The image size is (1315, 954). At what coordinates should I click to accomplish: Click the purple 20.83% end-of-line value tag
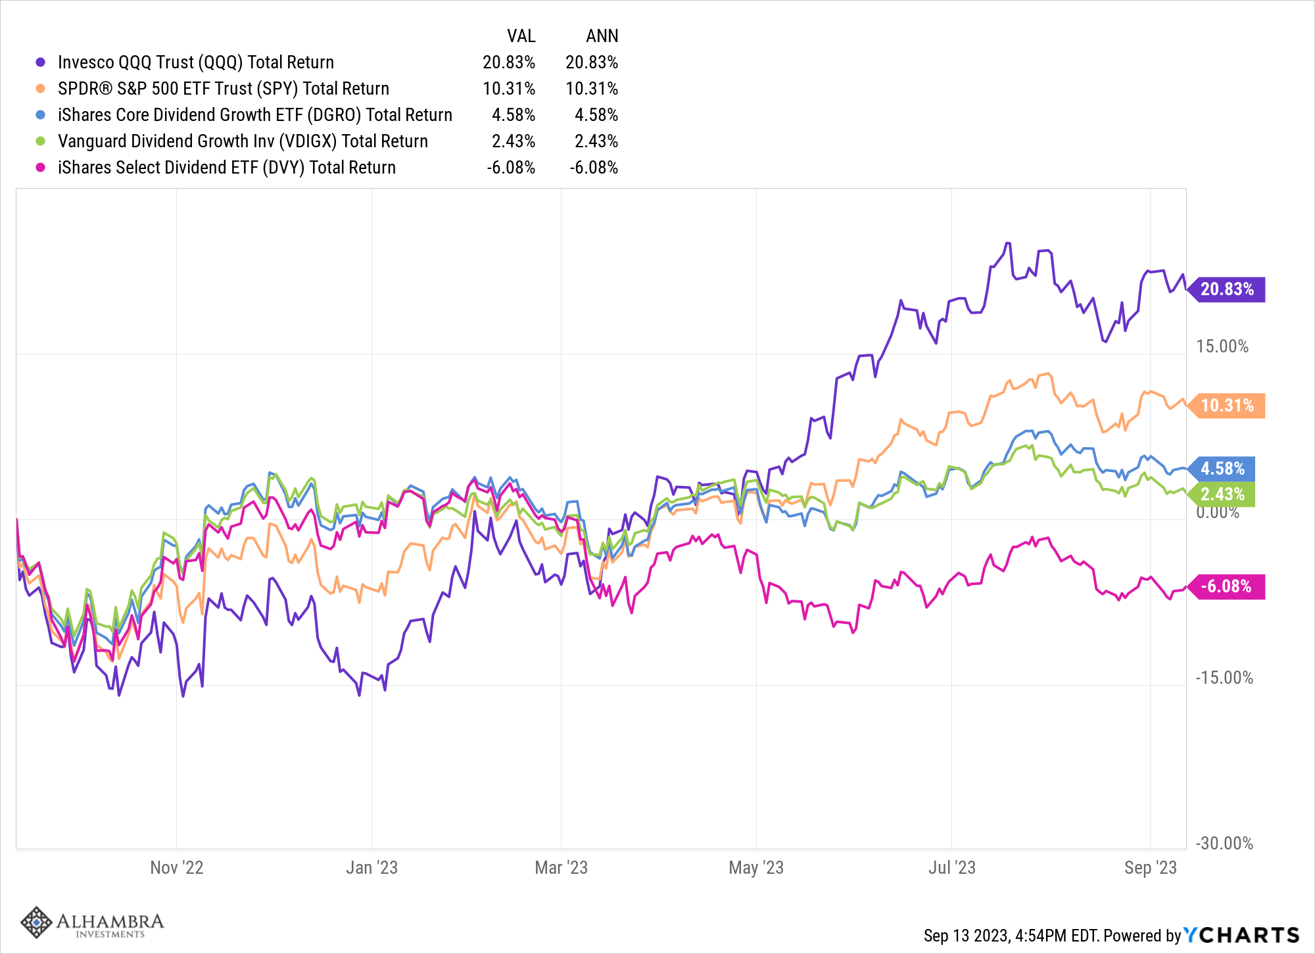[1226, 289]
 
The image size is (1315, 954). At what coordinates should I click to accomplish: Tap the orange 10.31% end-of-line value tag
[1226, 406]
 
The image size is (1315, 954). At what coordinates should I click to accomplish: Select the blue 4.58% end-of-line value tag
[1222, 469]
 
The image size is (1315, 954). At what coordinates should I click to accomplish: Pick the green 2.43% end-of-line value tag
[1222, 494]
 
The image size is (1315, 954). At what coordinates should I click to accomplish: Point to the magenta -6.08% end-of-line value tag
[1226, 586]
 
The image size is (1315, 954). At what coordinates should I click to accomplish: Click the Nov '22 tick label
[177, 868]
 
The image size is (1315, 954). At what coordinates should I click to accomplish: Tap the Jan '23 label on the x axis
[372, 868]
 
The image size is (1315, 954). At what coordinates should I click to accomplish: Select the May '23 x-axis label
[756, 868]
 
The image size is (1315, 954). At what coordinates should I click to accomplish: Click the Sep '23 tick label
[1151, 868]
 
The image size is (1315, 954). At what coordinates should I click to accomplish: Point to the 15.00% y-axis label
[1222, 346]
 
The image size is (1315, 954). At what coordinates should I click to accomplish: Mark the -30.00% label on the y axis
[1224, 844]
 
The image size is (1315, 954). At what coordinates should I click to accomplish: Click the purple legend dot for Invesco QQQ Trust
[41, 62]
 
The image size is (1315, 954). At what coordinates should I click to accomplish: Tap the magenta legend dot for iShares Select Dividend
[41, 168]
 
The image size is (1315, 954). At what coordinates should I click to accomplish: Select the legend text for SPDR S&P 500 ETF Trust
[224, 89]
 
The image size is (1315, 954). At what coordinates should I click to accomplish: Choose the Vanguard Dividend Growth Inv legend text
[243, 141]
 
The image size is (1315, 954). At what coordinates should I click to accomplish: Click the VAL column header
[521, 36]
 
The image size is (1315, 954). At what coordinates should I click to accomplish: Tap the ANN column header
[602, 36]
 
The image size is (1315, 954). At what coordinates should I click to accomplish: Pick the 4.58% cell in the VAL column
[514, 115]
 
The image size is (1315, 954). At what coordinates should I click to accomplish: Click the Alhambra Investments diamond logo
[36, 922]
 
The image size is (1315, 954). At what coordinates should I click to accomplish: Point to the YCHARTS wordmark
[1241, 935]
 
